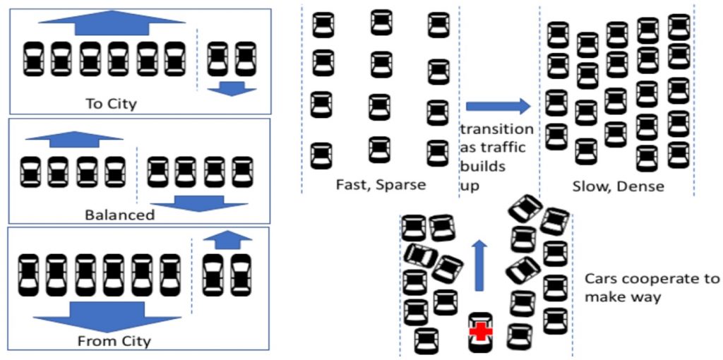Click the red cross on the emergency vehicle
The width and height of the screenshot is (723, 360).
[x=480, y=331]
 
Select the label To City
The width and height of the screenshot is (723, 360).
[x=111, y=104]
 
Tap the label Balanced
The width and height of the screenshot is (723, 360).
[x=119, y=215]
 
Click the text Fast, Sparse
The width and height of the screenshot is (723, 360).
[x=381, y=185]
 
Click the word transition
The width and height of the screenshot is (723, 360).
[x=496, y=129]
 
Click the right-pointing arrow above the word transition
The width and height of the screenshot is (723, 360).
[x=498, y=107]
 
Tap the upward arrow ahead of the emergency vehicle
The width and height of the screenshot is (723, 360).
[x=479, y=264]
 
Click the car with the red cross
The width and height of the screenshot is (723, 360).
[x=480, y=331]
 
